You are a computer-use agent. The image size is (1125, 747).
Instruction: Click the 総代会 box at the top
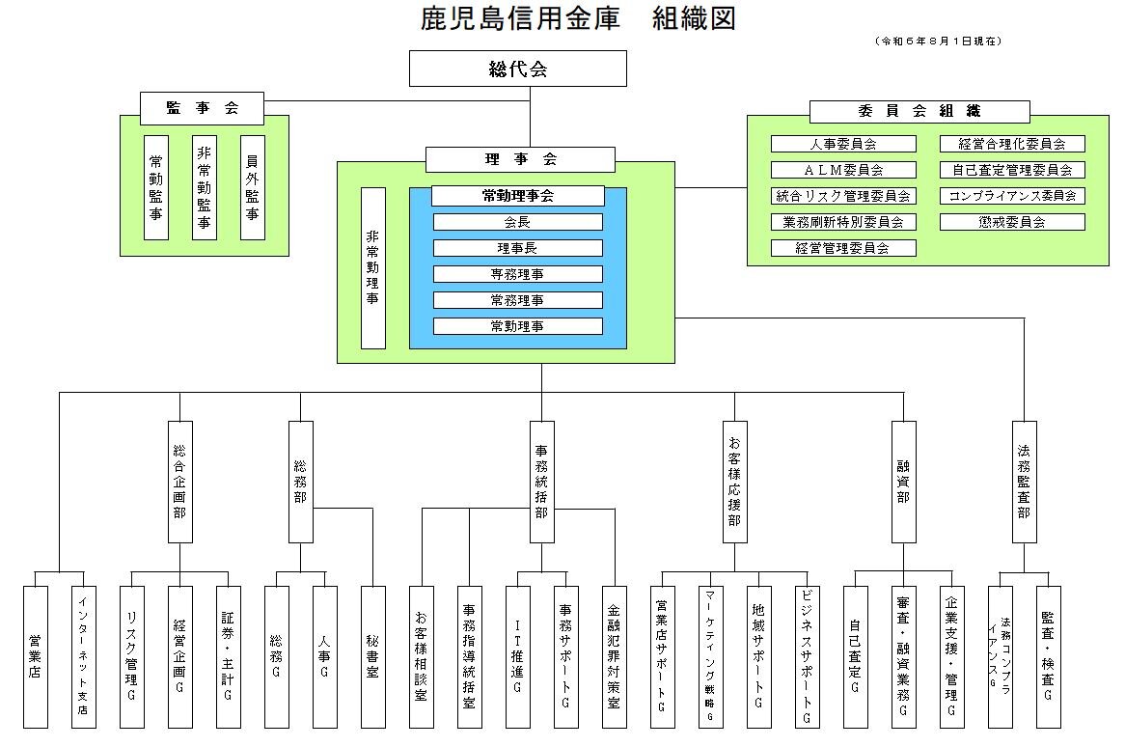pyautogui.click(x=518, y=69)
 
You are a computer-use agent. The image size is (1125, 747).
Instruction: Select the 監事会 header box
pyautogui.click(x=202, y=108)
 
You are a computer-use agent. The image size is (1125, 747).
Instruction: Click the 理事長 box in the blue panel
pyautogui.click(x=517, y=248)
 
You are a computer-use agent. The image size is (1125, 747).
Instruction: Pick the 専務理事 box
pyautogui.click(x=517, y=274)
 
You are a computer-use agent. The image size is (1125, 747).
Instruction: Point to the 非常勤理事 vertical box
pyautogui.click(x=372, y=267)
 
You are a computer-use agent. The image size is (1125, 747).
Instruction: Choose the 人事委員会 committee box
pyautogui.click(x=842, y=144)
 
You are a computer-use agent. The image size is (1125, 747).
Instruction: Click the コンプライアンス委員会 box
pyautogui.click(x=1012, y=196)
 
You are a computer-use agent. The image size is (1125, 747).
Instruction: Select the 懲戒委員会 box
pyautogui.click(x=1012, y=222)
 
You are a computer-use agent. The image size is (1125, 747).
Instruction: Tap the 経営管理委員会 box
pyautogui.click(x=842, y=248)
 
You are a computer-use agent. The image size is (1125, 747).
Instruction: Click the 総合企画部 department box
pyautogui.click(x=179, y=482)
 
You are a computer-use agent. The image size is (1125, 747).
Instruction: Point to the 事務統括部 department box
pyautogui.click(x=541, y=482)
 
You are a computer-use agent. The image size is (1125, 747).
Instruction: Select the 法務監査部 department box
pyautogui.click(x=1024, y=482)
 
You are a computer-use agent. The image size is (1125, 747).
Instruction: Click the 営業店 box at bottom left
pyautogui.click(x=36, y=656)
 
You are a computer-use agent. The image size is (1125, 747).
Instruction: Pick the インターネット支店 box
pyautogui.click(x=83, y=656)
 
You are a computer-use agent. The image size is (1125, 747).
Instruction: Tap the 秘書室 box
pyautogui.click(x=372, y=656)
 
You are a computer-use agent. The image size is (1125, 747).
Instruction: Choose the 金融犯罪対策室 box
pyautogui.click(x=614, y=656)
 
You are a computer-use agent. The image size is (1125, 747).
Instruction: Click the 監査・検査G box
pyautogui.click(x=1048, y=656)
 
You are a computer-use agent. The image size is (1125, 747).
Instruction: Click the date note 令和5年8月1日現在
pyautogui.click(x=938, y=41)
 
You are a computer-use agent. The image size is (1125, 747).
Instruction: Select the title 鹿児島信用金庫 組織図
pyautogui.click(x=579, y=18)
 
